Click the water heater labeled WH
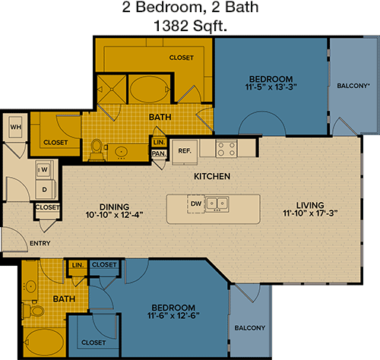(15, 127)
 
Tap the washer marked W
(44, 169)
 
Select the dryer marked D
(45, 189)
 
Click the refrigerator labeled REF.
(185, 151)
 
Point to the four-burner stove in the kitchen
(226, 149)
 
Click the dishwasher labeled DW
(196, 204)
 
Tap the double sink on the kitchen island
(217, 204)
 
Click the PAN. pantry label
(159, 153)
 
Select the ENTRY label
(40, 243)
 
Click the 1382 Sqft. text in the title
(190, 26)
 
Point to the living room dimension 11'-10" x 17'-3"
(310, 213)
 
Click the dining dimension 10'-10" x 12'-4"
(114, 215)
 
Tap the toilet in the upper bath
(96, 150)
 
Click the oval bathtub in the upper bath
(149, 89)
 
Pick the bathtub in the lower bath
(45, 343)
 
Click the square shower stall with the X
(112, 90)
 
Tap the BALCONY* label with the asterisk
(353, 86)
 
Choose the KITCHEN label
(212, 176)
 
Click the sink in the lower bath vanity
(30, 286)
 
